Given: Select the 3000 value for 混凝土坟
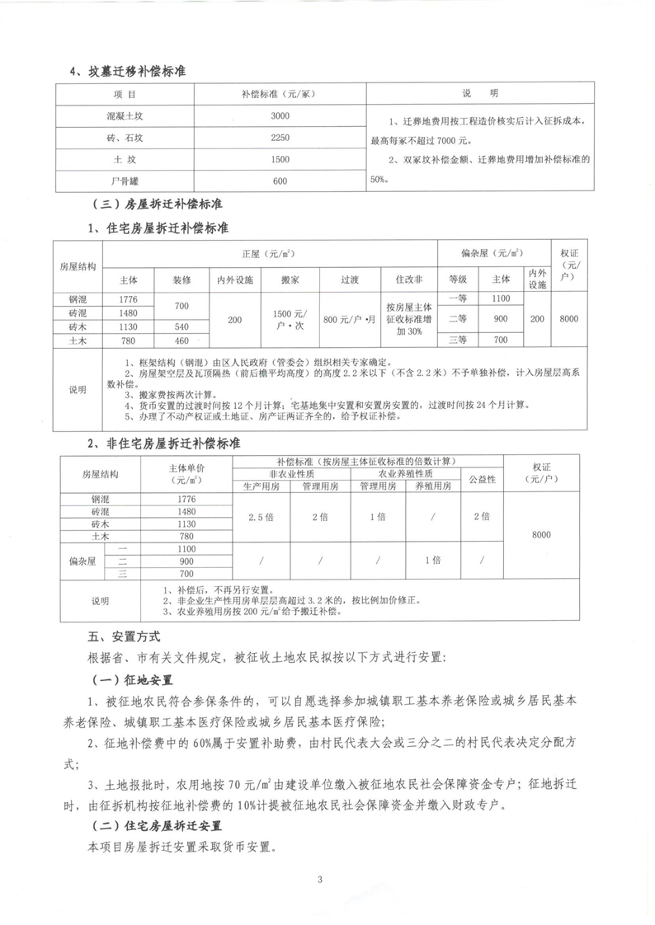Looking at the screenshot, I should coord(280,115).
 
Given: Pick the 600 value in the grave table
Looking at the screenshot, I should coord(280,181).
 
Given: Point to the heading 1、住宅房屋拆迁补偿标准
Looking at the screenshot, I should coord(158,227).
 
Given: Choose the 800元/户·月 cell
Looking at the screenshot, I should coord(349,318).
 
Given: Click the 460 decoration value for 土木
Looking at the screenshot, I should coord(182,340).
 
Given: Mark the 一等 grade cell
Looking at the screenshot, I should coord(458,298).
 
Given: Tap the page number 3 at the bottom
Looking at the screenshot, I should coord(319,879).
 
